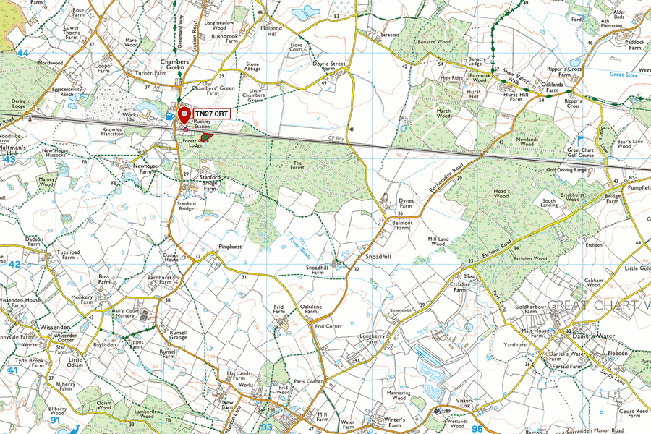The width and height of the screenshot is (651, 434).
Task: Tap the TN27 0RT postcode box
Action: click(x=211, y=114)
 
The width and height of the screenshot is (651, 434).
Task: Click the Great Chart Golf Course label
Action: click(x=581, y=154)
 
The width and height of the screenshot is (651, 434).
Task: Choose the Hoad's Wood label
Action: click(x=502, y=194)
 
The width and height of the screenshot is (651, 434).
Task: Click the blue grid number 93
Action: click(x=267, y=427)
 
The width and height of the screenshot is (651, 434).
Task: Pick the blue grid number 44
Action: click(x=23, y=54)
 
